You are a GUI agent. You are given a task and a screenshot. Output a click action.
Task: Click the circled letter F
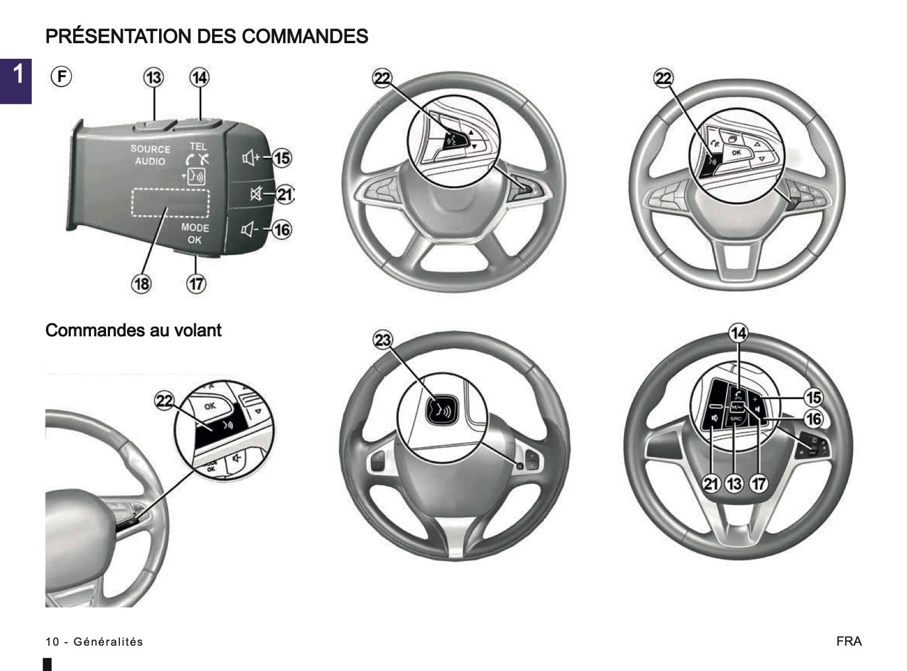(61, 76)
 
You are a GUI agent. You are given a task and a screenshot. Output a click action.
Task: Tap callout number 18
(141, 283)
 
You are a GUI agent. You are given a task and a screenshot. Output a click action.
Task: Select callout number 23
(383, 340)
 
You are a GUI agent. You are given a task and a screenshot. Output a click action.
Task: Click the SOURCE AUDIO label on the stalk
(150, 155)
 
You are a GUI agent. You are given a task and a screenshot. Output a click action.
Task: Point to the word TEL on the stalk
(198, 146)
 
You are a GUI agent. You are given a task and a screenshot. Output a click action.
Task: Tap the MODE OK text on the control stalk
(195, 233)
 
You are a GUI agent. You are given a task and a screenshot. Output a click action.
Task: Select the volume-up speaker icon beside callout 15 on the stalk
(251, 157)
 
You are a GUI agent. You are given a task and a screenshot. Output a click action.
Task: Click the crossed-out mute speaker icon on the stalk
(255, 195)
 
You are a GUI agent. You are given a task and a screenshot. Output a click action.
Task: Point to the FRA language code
(849, 641)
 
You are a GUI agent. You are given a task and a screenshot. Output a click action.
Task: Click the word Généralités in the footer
(108, 642)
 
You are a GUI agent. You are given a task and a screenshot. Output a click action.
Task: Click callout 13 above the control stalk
(154, 77)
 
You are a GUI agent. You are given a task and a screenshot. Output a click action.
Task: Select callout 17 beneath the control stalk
(196, 283)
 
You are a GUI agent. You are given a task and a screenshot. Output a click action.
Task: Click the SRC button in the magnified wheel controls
(736, 419)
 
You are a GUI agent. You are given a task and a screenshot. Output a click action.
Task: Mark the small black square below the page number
(47, 664)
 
